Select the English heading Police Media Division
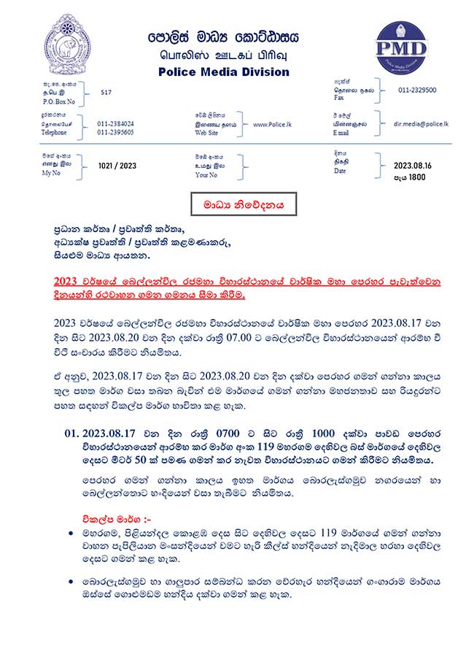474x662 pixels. [x=223, y=72]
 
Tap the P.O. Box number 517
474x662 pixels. [x=106, y=93]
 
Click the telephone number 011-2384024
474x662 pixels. [x=115, y=123]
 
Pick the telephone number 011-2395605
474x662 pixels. [x=115, y=133]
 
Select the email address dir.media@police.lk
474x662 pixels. [x=421, y=124]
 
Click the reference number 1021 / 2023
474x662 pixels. [x=117, y=166]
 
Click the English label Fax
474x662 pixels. [x=337, y=97]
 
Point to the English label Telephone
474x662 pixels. [x=59, y=134]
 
